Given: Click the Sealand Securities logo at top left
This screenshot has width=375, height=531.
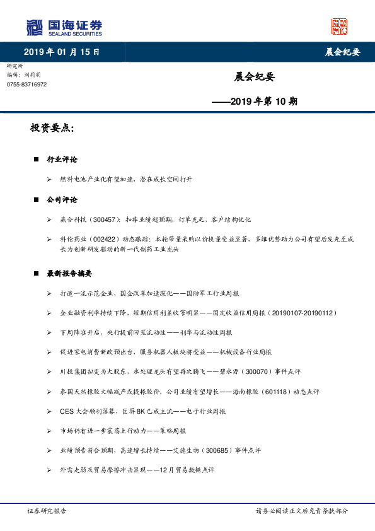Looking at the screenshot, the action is pos(64,28).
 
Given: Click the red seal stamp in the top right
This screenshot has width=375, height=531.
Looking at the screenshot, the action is pos(339,26).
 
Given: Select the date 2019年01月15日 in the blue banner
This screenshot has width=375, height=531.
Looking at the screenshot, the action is pos(62,52).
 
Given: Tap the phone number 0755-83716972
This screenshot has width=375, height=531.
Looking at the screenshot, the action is pos(26,85).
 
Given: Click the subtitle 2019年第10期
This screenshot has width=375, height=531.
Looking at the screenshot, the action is pos(255,101).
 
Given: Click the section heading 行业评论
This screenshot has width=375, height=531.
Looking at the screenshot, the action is pos(62,160).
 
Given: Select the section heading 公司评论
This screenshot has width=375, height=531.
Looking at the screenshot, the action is pos(62,200).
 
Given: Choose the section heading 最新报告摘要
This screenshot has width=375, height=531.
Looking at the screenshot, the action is pos(69,274).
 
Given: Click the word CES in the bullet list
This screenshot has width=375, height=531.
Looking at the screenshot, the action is pos(66,411).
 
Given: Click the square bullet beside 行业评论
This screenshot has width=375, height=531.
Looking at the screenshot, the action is pos(36,160).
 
